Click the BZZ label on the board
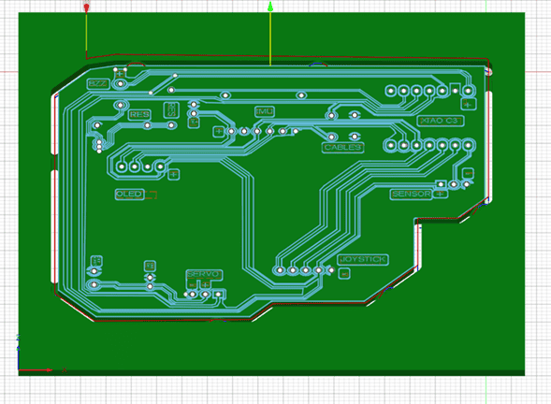[x=98, y=83]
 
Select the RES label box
[x=138, y=115]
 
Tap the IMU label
[x=265, y=111]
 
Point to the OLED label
[x=129, y=194]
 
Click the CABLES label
[x=343, y=147]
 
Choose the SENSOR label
[x=411, y=194]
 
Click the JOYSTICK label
[x=363, y=259]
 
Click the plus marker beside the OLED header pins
[x=173, y=174]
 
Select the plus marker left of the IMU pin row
[x=219, y=132]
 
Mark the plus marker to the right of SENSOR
[x=440, y=194]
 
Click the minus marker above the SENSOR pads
[x=467, y=173]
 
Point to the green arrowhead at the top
[x=270, y=7]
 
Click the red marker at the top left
[x=87, y=7]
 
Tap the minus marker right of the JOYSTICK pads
[x=344, y=273]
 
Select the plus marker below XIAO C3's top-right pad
[x=467, y=104]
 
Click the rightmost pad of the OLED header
[x=160, y=167]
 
